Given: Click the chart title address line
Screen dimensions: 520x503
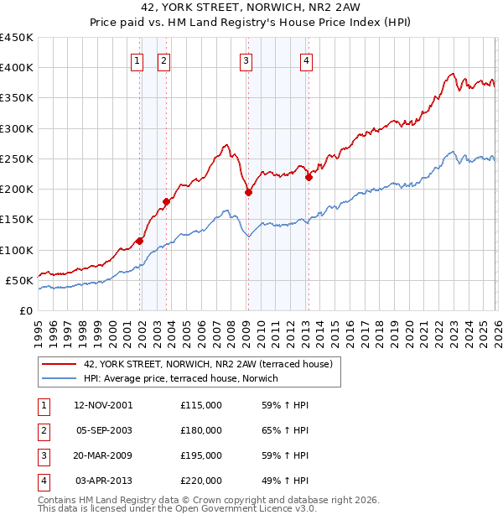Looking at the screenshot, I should pyautogui.click(x=251, y=8).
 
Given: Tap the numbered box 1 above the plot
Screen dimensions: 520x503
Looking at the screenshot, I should pyautogui.click(x=137, y=60).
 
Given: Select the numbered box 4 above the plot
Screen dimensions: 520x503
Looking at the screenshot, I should pyautogui.click(x=307, y=60).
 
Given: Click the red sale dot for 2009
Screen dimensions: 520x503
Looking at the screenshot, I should pyautogui.click(x=248, y=192).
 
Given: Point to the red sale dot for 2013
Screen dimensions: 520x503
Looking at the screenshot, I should pyautogui.click(x=309, y=177).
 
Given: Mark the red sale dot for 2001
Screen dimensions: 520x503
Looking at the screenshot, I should pyautogui.click(x=139, y=241).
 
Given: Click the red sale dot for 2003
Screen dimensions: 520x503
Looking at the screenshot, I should pyautogui.click(x=166, y=201).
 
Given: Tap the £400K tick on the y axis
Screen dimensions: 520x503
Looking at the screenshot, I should pyautogui.click(x=17, y=68).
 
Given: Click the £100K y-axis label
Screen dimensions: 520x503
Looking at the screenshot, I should pyautogui.click(x=17, y=250).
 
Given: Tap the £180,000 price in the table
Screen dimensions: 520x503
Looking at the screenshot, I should pyautogui.click(x=200, y=430).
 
